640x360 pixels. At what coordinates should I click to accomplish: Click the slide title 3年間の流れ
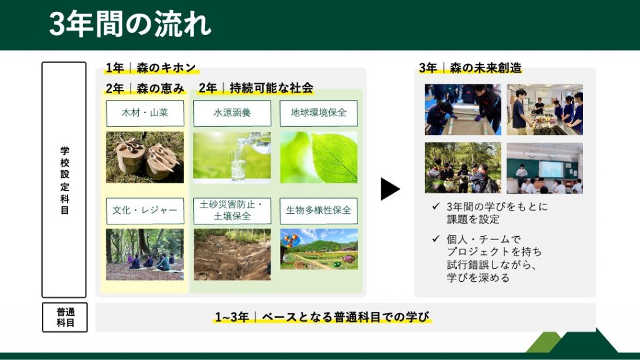pos(130,24)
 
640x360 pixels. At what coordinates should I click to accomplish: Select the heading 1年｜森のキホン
pos(151,67)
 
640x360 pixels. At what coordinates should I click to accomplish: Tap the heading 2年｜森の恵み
pos(145,88)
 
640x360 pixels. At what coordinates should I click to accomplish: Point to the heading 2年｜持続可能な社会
pos(256,87)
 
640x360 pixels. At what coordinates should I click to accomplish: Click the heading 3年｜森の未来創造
pos(470,67)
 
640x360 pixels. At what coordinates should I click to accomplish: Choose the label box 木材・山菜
pos(145,113)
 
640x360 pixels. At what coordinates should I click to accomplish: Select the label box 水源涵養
pos(232,113)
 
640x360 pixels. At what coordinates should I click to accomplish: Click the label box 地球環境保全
pos(319,113)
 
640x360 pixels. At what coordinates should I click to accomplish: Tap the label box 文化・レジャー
pos(145,211)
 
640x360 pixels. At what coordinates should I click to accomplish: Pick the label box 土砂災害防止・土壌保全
pos(232,211)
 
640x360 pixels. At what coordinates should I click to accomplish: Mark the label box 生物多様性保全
pos(319,211)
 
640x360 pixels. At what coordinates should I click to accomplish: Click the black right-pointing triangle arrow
pos(389,189)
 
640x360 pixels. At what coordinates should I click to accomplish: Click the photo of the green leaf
pos(319,157)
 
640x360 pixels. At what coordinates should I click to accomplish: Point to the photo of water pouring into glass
pos(232,157)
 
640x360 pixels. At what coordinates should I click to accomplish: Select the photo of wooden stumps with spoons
pos(145,157)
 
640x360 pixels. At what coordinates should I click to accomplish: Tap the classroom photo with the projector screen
pos(545,167)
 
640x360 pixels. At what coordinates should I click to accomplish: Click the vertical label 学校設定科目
pos(64,180)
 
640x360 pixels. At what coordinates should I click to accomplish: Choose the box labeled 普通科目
pos(65,317)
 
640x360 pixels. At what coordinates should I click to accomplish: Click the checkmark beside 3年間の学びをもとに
pos(436,206)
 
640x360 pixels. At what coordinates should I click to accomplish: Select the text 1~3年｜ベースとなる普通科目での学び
pos(322,317)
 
